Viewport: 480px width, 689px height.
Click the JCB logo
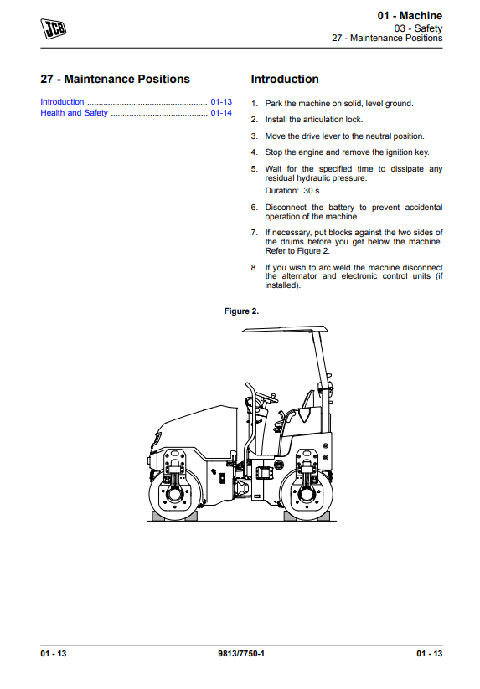[x=53, y=28]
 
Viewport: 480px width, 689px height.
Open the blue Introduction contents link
[x=62, y=102]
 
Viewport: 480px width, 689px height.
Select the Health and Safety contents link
[x=74, y=113]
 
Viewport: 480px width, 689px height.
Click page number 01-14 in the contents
[x=221, y=113]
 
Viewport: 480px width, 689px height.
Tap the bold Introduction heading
[x=285, y=79]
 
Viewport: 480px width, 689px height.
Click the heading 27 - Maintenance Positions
[x=115, y=79]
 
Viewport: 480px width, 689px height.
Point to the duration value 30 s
[x=312, y=191]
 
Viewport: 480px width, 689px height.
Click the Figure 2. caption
[x=241, y=311]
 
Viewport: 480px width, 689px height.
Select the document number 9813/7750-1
[x=241, y=653]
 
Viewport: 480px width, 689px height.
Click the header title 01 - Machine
[x=410, y=16]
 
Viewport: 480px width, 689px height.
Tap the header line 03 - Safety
[x=418, y=28]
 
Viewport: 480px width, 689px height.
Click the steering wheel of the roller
[x=264, y=398]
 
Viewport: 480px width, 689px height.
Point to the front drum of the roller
[x=175, y=494]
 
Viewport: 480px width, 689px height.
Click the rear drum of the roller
[x=306, y=494]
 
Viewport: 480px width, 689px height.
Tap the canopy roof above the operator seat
[x=285, y=329]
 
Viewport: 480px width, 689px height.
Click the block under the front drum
[x=175, y=516]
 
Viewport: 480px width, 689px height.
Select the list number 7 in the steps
[x=254, y=233]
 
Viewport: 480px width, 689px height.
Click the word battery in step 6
[x=341, y=208]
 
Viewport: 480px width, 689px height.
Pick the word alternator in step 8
[x=299, y=276]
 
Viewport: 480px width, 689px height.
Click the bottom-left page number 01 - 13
[x=53, y=653]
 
